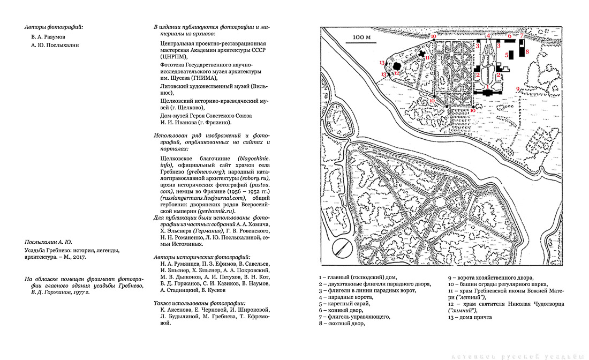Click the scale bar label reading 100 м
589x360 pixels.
tap(362, 37)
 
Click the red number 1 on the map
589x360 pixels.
tap(487, 86)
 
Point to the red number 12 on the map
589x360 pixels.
tap(397, 73)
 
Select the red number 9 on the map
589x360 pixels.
tap(518, 88)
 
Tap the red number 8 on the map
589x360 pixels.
tap(527, 51)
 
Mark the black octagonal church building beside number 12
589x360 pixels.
tap(397, 66)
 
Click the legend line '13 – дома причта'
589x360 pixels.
tap(470, 317)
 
